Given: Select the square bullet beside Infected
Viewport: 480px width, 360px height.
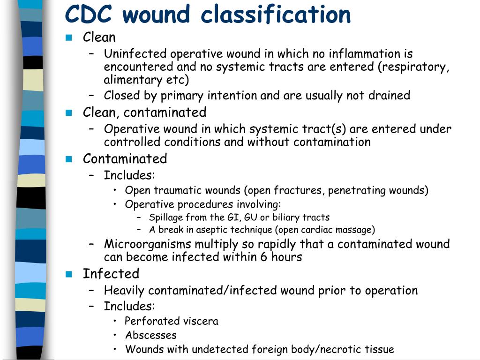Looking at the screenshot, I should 69,274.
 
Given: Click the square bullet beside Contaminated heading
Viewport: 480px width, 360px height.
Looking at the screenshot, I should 69,159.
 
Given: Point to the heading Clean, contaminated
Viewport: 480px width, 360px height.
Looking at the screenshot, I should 144,112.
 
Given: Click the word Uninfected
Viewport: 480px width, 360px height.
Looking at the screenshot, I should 135,54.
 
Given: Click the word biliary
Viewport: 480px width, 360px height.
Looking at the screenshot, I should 285,217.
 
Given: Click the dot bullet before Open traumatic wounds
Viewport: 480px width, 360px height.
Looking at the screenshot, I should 115,190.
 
